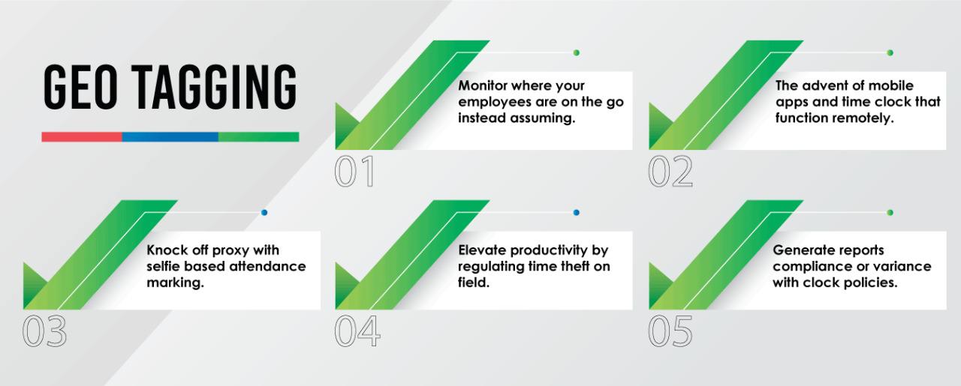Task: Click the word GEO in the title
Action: (x=80, y=87)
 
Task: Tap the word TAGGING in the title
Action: (x=214, y=87)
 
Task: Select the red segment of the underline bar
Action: (x=82, y=136)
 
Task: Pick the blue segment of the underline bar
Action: (x=170, y=136)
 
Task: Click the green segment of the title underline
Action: (x=259, y=136)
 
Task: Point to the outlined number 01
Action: (x=354, y=172)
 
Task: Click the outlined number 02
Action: (x=670, y=172)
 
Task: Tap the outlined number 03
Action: (x=44, y=331)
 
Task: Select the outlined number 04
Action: (x=357, y=331)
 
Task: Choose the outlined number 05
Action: (x=670, y=331)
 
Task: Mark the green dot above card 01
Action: (x=576, y=52)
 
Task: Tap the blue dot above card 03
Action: (x=264, y=213)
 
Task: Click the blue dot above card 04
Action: (x=576, y=213)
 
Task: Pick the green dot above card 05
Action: (x=890, y=213)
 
